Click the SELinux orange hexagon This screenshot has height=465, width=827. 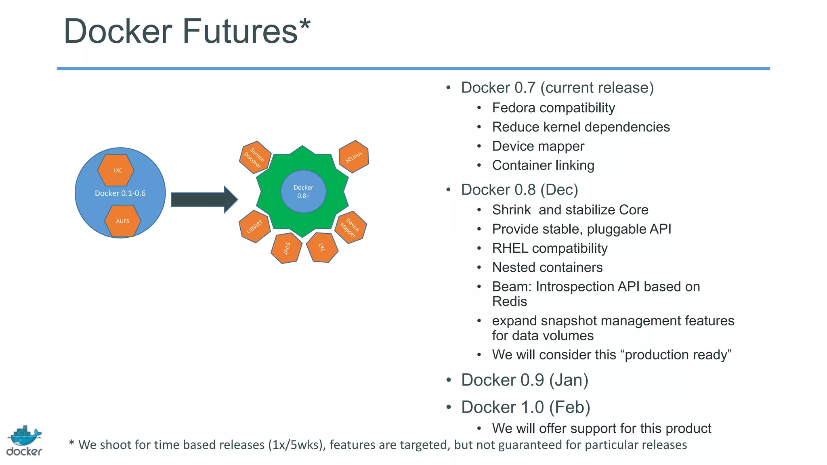pyautogui.click(x=354, y=157)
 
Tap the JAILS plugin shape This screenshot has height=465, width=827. pyautogui.click(x=286, y=248)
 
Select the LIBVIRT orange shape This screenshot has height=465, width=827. pyautogui.click(x=254, y=226)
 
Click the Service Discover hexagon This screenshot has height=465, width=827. pyautogui.click(x=255, y=157)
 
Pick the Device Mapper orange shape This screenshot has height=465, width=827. pyautogui.click(x=351, y=227)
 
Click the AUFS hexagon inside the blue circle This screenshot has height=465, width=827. pyautogui.click(x=122, y=221)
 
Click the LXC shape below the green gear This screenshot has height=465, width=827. pyautogui.click(x=322, y=247)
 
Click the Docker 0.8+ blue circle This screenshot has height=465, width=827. pyautogui.click(x=303, y=192)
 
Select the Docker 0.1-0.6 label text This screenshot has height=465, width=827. pyautogui.click(x=120, y=193)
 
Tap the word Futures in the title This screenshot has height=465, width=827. pyautogui.click(x=240, y=31)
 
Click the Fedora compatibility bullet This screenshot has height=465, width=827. pyautogui.click(x=553, y=108)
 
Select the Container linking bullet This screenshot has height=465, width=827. pyautogui.click(x=543, y=165)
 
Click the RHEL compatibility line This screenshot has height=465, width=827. pyautogui.click(x=549, y=248)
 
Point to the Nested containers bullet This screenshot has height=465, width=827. pyautogui.click(x=547, y=267)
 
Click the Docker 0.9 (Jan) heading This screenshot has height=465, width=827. pyautogui.click(x=524, y=380)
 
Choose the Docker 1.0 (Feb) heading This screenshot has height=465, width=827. pyautogui.click(x=525, y=407)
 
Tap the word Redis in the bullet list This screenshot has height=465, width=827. pyautogui.click(x=509, y=302)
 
